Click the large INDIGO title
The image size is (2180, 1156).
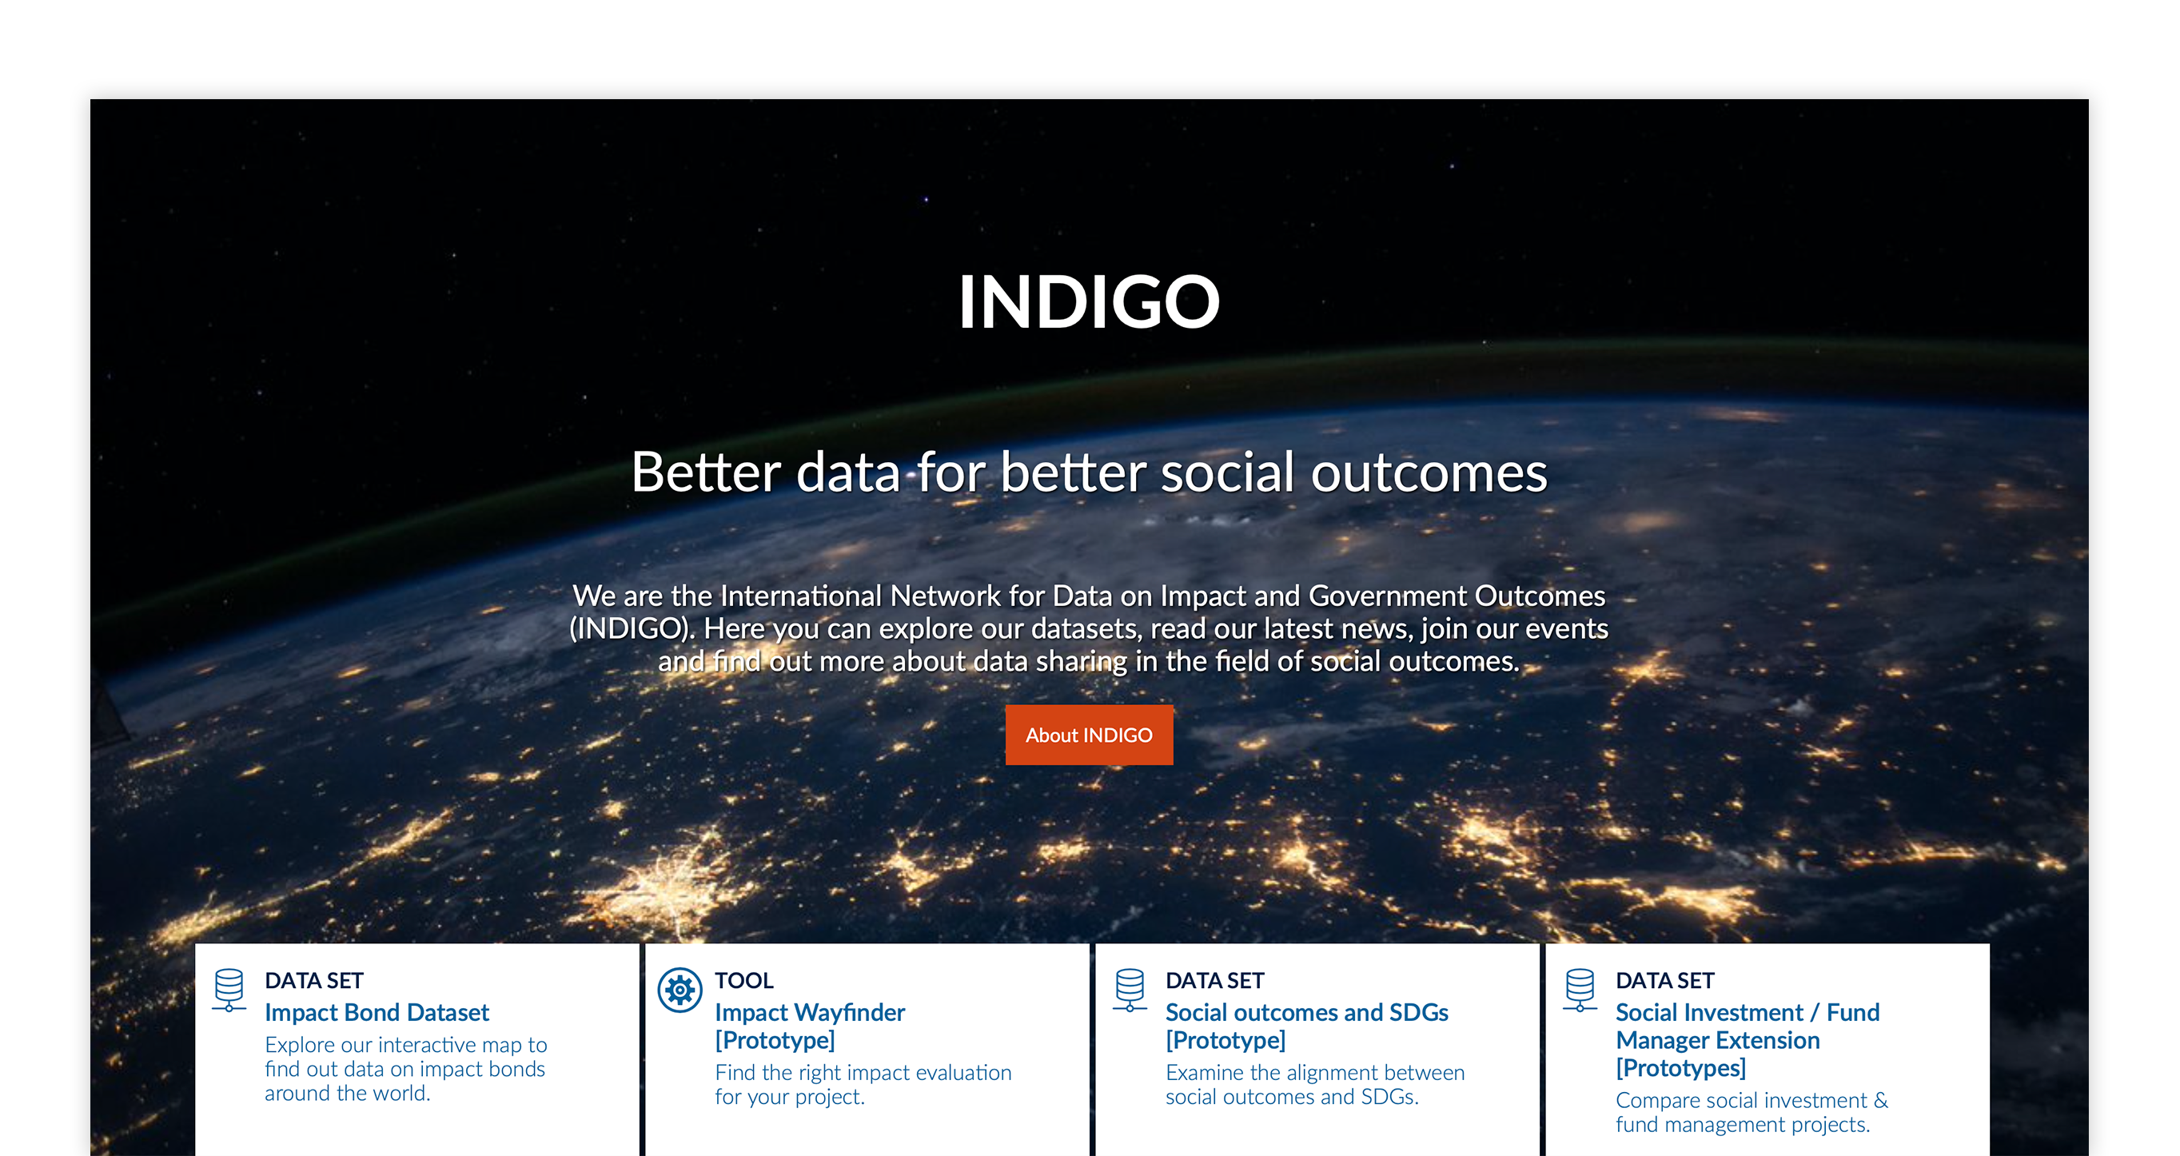tap(1089, 302)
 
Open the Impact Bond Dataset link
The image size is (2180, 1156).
tap(377, 1012)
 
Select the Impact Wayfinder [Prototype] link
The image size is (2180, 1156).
tap(810, 1026)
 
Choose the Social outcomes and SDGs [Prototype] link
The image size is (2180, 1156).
tap(1307, 1026)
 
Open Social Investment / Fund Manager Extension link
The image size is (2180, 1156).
tap(1748, 1039)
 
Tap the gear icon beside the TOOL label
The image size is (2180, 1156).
tap(680, 989)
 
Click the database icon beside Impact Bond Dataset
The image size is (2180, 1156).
tap(229, 989)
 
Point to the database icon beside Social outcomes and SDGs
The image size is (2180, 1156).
tap(1130, 989)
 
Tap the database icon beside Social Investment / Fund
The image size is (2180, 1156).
tap(1580, 989)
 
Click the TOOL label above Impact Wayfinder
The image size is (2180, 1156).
tap(744, 980)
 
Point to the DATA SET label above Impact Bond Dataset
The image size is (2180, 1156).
tap(314, 980)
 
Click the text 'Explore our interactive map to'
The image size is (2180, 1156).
tap(406, 1044)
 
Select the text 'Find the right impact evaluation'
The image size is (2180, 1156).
tap(863, 1072)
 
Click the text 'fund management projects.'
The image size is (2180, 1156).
tap(1743, 1124)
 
